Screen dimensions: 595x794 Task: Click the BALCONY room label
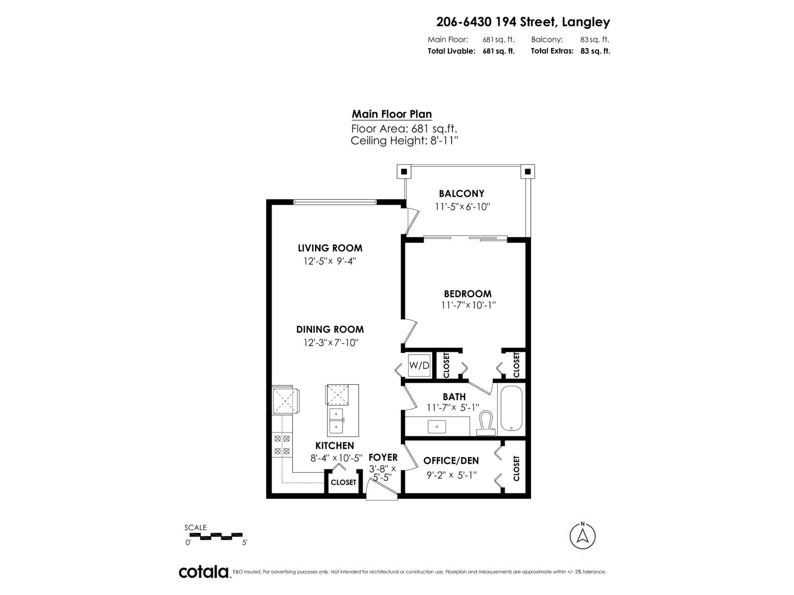click(461, 193)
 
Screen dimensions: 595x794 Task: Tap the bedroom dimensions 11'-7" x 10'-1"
click(468, 305)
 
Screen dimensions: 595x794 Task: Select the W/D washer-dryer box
click(419, 365)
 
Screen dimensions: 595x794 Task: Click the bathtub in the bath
click(511, 409)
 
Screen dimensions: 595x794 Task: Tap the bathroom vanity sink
click(437, 426)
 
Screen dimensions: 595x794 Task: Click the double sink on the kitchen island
click(336, 421)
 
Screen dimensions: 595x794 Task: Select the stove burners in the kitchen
click(282, 445)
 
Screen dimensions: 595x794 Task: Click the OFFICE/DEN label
click(451, 461)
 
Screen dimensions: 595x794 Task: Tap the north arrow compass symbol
click(583, 535)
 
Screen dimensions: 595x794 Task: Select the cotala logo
click(203, 572)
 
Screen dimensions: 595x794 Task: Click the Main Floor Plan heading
click(392, 114)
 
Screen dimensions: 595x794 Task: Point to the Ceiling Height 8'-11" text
click(404, 141)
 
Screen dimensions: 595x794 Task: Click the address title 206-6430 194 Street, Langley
click(523, 22)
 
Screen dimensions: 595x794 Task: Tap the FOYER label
click(383, 457)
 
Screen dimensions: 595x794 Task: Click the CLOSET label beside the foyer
click(343, 482)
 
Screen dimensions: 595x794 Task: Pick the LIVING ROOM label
click(330, 248)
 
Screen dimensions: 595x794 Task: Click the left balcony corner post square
click(404, 172)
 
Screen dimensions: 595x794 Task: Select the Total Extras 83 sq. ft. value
click(595, 51)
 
